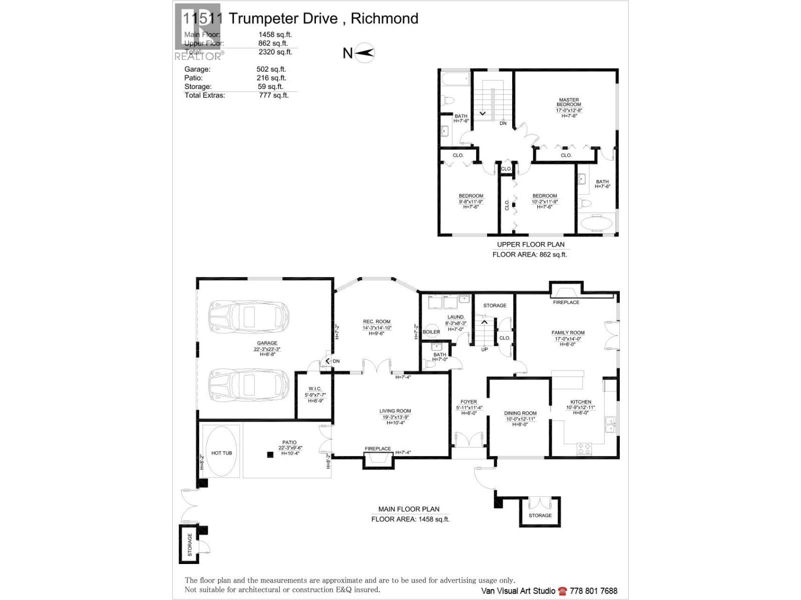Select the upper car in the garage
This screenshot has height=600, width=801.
coord(249,316)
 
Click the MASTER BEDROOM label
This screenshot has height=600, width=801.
coord(569,102)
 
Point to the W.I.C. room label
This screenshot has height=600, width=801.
coord(315,388)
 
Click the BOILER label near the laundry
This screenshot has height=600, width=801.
coord(431,331)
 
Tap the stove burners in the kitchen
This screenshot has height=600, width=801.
coord(584,448)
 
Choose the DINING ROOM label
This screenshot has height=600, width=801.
coord(520,413)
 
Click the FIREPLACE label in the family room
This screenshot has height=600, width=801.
coord(566,302)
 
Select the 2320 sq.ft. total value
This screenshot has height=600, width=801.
coord(275,52)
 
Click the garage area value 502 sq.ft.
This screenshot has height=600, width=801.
coord(271,69)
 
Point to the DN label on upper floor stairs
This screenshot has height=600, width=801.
coord(503,123)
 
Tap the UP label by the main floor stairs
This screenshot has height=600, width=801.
coord(484,349)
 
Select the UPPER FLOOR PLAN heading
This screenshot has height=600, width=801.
coord(530,244)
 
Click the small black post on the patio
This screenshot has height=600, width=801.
coord(270,454)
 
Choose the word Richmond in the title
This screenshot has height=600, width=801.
coord(384,18)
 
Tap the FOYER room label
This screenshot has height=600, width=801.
coord(469,401)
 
